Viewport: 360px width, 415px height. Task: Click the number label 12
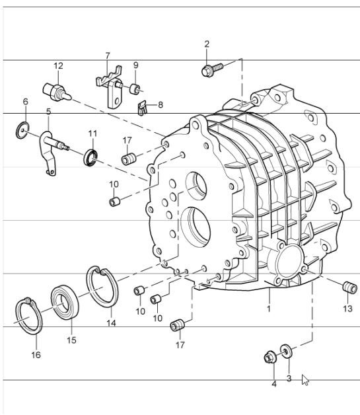pyautogui.click(x=58, y=66)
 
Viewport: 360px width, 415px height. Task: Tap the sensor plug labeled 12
pyautogui.click(x=54, y=90)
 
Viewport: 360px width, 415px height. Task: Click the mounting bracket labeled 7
pyautogui.click(x=109, y=86)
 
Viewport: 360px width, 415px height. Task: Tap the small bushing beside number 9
pyautogui.click(x=135, y=88)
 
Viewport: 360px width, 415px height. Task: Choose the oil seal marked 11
pyautogui.click(x=91, y=157)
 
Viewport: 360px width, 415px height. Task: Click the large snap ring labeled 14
pyautogui.click(x=102, y=285)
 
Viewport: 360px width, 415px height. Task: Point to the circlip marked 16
pyautogui.click(x=28, y=317)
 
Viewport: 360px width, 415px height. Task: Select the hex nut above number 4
pyautogui.click(x=270, y=358)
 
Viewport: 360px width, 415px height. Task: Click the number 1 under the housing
pyautogui.click(x=270, y=309)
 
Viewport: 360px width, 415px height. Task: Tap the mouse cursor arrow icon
pyautogui.click(x=305, y=379)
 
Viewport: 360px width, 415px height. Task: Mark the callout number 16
pyautogui.click(x=36, y=355)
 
